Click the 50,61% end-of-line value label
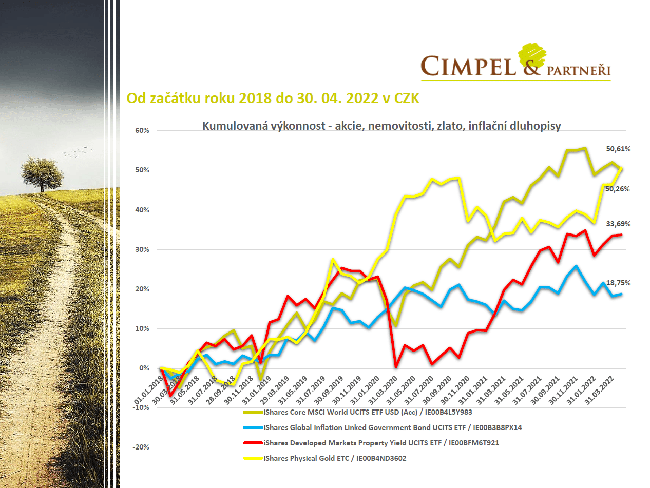coord(618,149)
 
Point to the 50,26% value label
coord(618,189)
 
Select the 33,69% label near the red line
coord(618,224)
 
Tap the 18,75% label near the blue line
coord(618,283)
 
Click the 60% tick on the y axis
coord(142,130)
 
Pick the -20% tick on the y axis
coord(141,447)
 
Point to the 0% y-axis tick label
coord(144,368)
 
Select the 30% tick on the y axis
coord(142,249)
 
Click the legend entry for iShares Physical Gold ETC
coord(335,458)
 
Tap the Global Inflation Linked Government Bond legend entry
coord(392,427)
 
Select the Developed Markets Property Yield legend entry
coord(380,443)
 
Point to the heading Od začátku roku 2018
coord(273,99)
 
